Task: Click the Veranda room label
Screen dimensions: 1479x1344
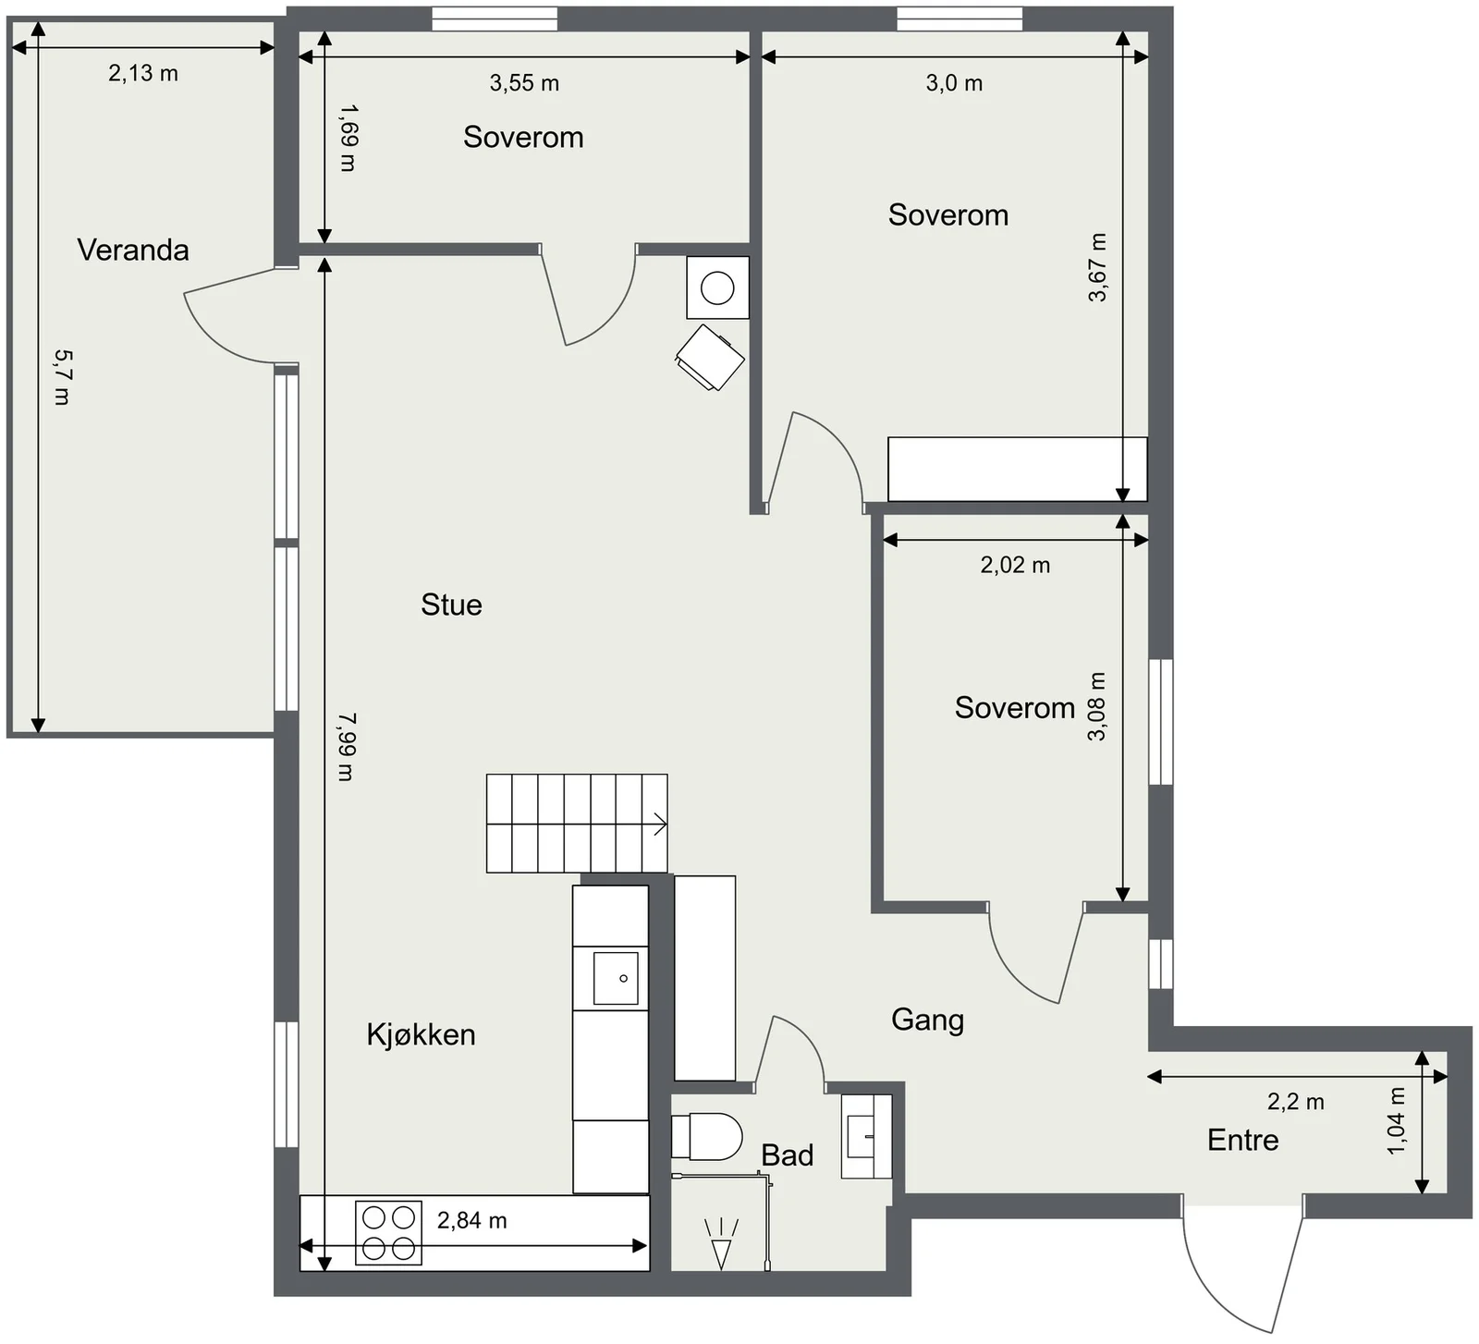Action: point(133,250)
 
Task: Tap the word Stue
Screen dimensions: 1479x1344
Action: point(451,605)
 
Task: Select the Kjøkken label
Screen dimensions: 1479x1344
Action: point(421,1034)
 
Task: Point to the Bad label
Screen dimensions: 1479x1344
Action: point(788,1155)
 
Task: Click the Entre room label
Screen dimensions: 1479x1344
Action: point(1243,1140)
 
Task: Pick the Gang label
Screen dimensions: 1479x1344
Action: point(927,1020)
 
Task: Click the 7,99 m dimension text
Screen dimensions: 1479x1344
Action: point(346,746)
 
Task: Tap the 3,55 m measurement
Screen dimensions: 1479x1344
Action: point(524,83)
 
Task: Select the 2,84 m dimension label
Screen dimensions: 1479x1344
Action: point(471,1221)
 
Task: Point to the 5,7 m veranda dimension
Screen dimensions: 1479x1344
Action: point(62,377)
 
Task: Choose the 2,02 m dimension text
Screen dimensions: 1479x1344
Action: point(1015,565)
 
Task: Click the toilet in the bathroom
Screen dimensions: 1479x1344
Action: point(706,1136)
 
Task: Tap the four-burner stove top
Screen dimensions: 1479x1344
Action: point(388,1232)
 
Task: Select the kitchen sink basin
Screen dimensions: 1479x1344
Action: point(616,978)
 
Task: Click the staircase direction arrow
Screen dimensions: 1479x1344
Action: point(660,824)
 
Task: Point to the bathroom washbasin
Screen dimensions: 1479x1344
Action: point(866,1136)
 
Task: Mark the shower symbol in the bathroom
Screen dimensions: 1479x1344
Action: point(721,1243)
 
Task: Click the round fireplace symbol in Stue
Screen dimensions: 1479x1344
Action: point(717,287)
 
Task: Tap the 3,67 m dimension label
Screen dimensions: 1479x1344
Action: point(1097,267)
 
